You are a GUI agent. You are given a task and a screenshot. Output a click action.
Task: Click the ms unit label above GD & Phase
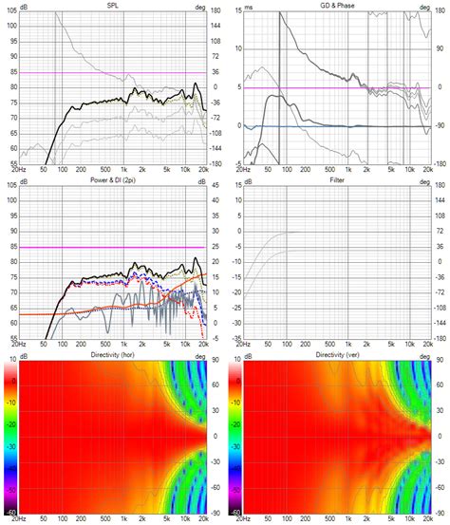tap(249, 6)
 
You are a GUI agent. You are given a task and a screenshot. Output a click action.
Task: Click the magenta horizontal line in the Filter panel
tap(332, 248)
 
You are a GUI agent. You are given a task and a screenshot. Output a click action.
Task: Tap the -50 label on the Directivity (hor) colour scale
tap(9, 490)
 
